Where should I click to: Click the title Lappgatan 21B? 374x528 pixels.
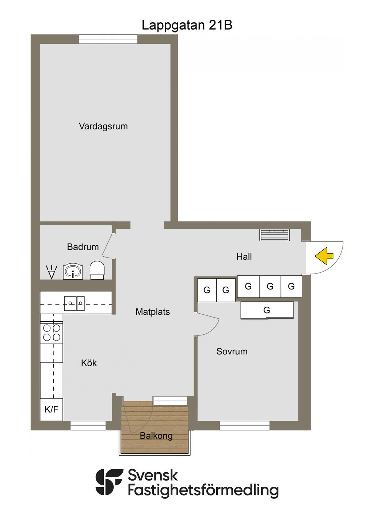tap(187, 25)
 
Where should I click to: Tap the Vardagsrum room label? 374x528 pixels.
tap(103, 127)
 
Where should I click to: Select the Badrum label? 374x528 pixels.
tap(83, 247)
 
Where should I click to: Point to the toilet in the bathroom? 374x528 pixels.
tap(98, 270)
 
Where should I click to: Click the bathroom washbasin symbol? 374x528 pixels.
tap(73, 272)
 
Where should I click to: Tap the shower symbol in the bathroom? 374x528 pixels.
tap(51, 272)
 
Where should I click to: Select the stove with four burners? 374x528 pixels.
tap(51, 333)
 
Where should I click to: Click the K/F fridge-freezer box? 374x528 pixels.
tap(51, 409)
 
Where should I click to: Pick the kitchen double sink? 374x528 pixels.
tap(75, 303)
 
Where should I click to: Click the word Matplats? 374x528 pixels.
tap(153, 312)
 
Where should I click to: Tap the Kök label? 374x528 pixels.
tap(89, 363)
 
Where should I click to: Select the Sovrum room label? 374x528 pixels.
tap(232, 352)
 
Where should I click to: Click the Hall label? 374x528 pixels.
tap(244, 257)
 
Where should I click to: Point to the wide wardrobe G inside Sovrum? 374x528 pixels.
tap(267, 310)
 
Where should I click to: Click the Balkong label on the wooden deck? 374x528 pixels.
tap(156, 436)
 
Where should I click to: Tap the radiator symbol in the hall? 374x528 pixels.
tap(274, 235)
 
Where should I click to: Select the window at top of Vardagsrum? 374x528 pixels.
tap(108, 39)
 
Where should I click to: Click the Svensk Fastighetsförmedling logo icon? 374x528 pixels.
tap(109, 482)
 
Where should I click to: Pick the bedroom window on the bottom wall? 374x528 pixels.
tap(245, 426)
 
